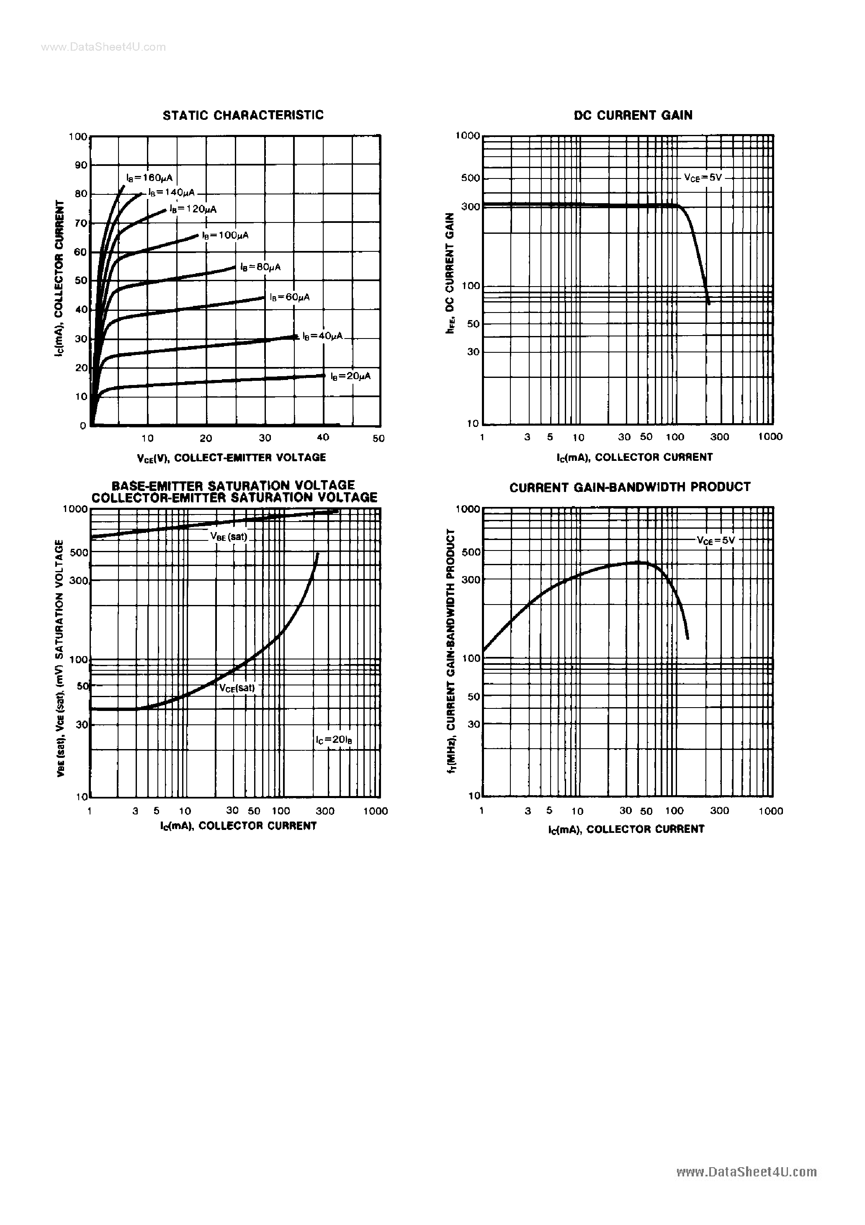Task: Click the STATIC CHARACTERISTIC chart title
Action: [243, 115]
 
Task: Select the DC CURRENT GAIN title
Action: [633, 115]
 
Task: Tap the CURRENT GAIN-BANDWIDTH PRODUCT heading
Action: [630, 487]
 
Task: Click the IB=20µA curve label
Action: [350, 376]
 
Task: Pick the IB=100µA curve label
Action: [225, 235]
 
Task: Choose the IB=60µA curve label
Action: [290, 297]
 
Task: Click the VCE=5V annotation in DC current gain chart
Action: [703, 178]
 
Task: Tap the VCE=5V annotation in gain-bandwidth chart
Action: [716, 540]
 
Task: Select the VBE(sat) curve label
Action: [229, 537]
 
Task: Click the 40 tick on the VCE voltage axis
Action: [323, 437]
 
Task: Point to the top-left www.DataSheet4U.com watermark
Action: [103, 47]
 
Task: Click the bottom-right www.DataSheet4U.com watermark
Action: [746, 1172]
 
